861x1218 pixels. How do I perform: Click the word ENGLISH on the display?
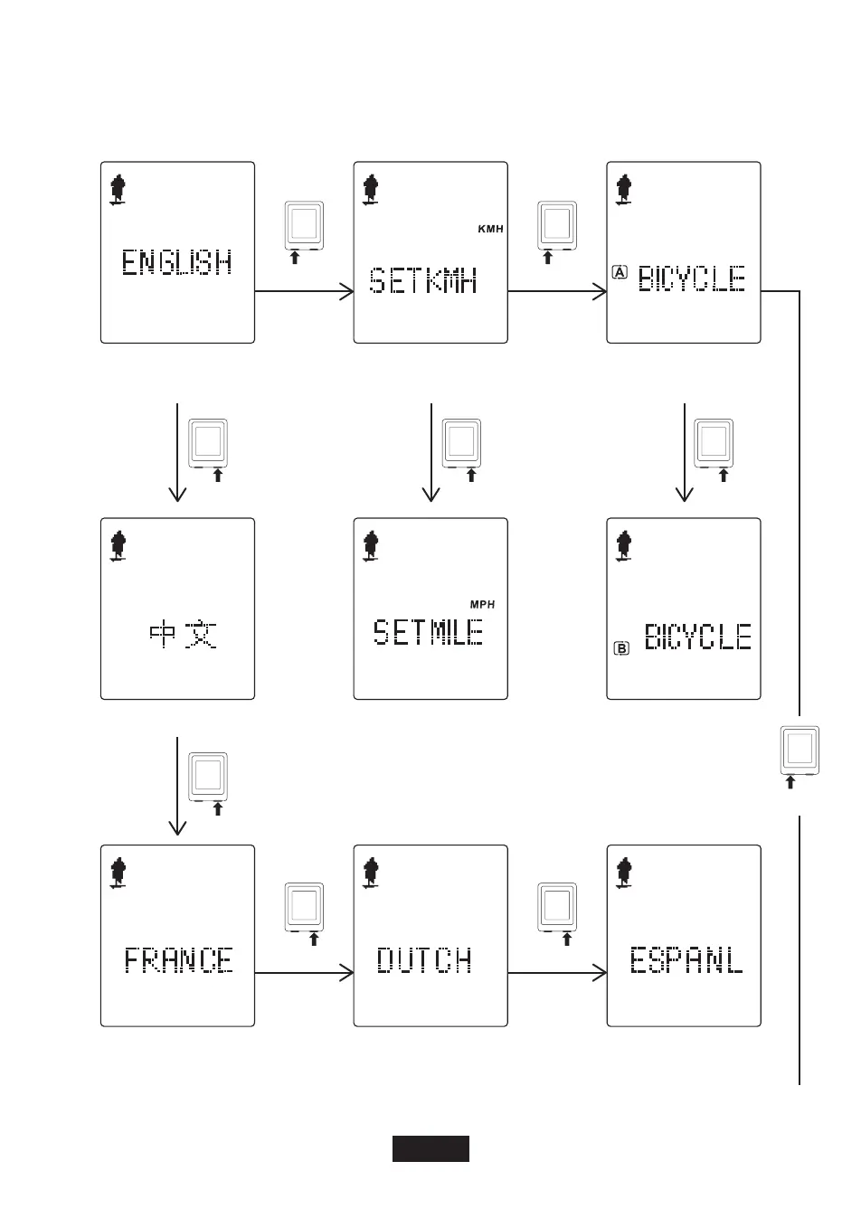(x=177, y=263)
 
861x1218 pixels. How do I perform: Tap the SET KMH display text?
(x=423, y=281)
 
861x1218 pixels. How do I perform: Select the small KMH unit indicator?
(x=490, y=230)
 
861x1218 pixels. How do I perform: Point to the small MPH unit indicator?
(x=482, y=604)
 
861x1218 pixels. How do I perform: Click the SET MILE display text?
(x=429, y=631)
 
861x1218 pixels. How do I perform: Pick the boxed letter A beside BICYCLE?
(x=620, y=271)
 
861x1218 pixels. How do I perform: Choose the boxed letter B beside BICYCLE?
(x=621, y=647)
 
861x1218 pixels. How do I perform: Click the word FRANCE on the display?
(x=179, y=959)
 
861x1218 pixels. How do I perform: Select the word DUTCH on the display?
(x=424, y=959)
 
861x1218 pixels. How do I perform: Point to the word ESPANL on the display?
(x=686, y=959)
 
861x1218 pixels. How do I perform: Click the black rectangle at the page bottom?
(x=430, y=1148)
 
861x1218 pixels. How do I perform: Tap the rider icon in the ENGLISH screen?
(x=117, y=191)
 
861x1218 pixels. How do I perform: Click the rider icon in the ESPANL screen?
(x=623, y=874)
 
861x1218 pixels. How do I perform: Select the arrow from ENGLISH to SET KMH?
(x=304, y=291)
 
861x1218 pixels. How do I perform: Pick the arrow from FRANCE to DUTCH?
(x=304, y=973)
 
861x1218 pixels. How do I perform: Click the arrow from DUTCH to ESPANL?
(x=557, y=973)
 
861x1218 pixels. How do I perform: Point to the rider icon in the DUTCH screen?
(x=370, y=874)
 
